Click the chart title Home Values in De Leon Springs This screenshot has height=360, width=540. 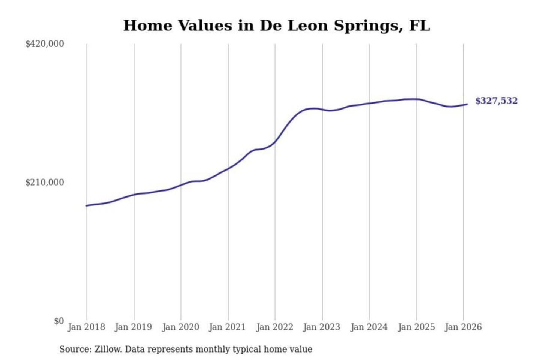[276, 25]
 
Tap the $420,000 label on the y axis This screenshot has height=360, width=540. [45, 44]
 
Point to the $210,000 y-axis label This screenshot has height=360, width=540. [45, 182]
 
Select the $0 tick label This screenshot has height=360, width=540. [59, 321]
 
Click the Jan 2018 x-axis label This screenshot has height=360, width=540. [86, 327]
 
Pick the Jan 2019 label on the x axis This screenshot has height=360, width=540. [133, 327]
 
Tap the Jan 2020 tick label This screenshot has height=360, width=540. [180, 327]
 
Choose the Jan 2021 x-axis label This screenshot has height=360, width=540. [227, 327]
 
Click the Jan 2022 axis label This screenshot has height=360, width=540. [274, 327]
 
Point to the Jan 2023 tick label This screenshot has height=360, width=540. [322, 327]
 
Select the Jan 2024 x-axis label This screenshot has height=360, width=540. [369, 327]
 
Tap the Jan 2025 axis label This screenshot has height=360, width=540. [416, 327]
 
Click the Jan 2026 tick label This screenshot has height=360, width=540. [463, 327]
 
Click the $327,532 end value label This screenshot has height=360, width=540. [496, 101]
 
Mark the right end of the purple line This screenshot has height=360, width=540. [467, 104]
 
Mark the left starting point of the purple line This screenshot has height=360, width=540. [87, 205]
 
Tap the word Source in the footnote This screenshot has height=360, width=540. [75, 349]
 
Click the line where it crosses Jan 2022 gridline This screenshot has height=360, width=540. [275, 142]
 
